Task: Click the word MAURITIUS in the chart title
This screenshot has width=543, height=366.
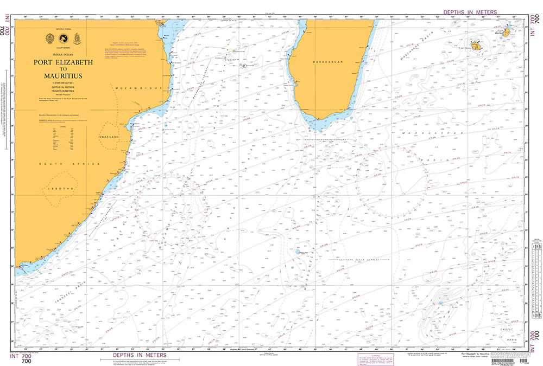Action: point(64,76)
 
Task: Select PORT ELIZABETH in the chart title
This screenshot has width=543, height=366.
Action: point(64,62)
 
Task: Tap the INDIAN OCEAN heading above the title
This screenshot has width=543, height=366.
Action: point(64,55)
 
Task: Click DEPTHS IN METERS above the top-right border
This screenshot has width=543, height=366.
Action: point(471,11)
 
